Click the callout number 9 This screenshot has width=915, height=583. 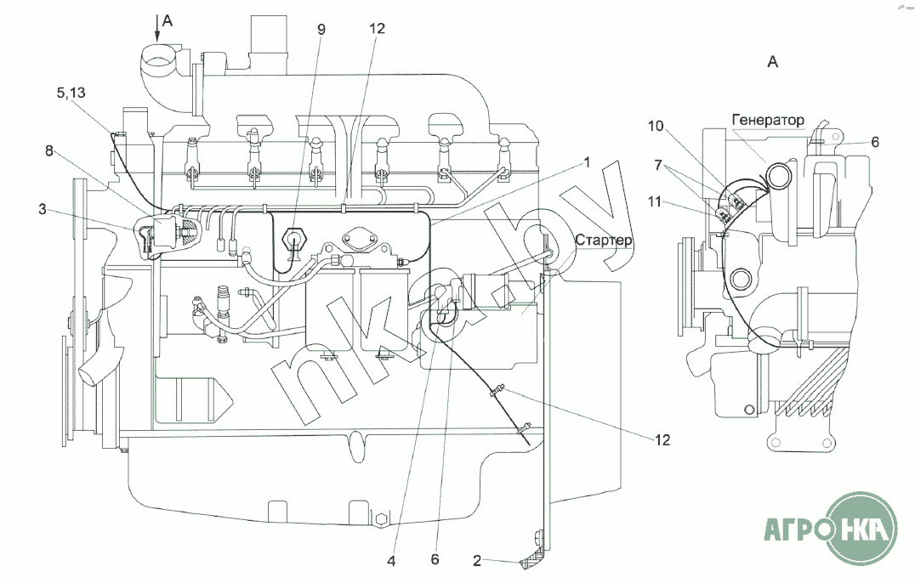pos(321,29)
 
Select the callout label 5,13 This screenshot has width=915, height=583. pos(71,92)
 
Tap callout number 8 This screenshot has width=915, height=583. pos(49,151)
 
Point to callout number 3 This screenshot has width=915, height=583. pos(42,209)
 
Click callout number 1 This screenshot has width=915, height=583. pos(587,162)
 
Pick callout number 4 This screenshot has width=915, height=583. pos(391,561)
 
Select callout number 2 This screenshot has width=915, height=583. pos(477,561)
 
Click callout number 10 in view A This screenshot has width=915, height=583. pos(656,126)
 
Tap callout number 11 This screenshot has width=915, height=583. pos(655,201)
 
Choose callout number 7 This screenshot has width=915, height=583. pos(658,165)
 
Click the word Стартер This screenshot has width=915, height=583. pos(604,241)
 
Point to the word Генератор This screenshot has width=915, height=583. pos(768,120)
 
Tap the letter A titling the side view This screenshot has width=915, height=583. pos(773,61)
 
